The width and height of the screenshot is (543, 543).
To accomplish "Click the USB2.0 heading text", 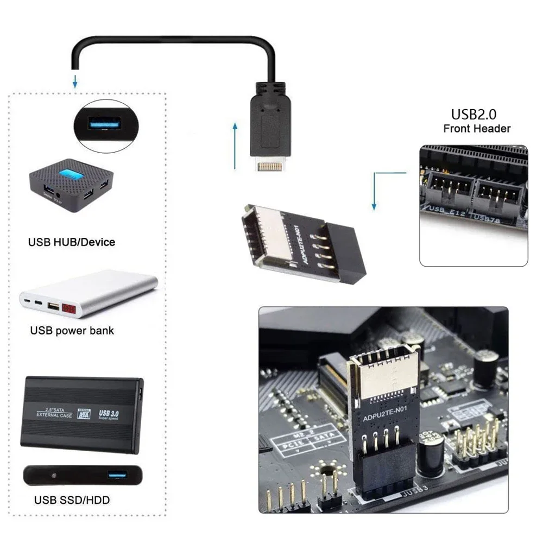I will [x=473, y=115].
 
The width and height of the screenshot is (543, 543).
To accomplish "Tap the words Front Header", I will [x=477, y=129].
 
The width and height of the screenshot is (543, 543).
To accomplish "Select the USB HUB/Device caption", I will [x=72, y=242].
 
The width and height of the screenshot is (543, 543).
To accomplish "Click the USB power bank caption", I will [x=72, y=330].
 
